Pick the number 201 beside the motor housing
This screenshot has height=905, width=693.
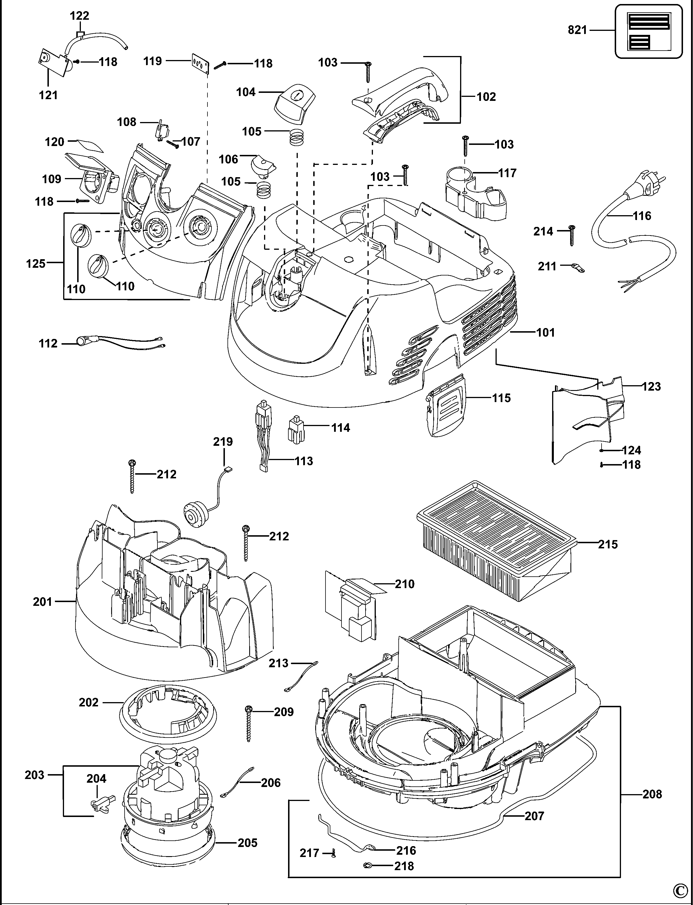[43, 602]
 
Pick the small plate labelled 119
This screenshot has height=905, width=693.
[201, 64]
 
